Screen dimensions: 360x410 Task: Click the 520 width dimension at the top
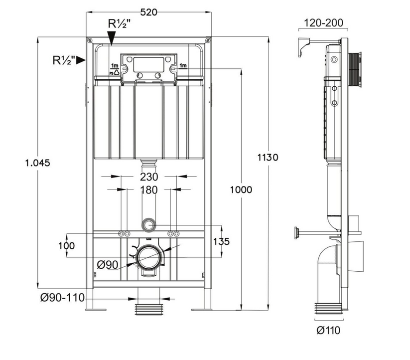[148, 12]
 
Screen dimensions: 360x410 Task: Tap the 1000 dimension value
[241, 189]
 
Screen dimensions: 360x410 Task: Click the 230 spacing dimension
[148, 177]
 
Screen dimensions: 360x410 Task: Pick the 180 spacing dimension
[148, 190]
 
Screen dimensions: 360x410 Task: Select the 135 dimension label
[222, 242]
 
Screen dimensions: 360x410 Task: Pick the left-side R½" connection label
[63, 60]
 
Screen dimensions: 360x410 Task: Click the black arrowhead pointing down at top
[112, 38]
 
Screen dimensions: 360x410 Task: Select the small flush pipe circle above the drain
[148, 225]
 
